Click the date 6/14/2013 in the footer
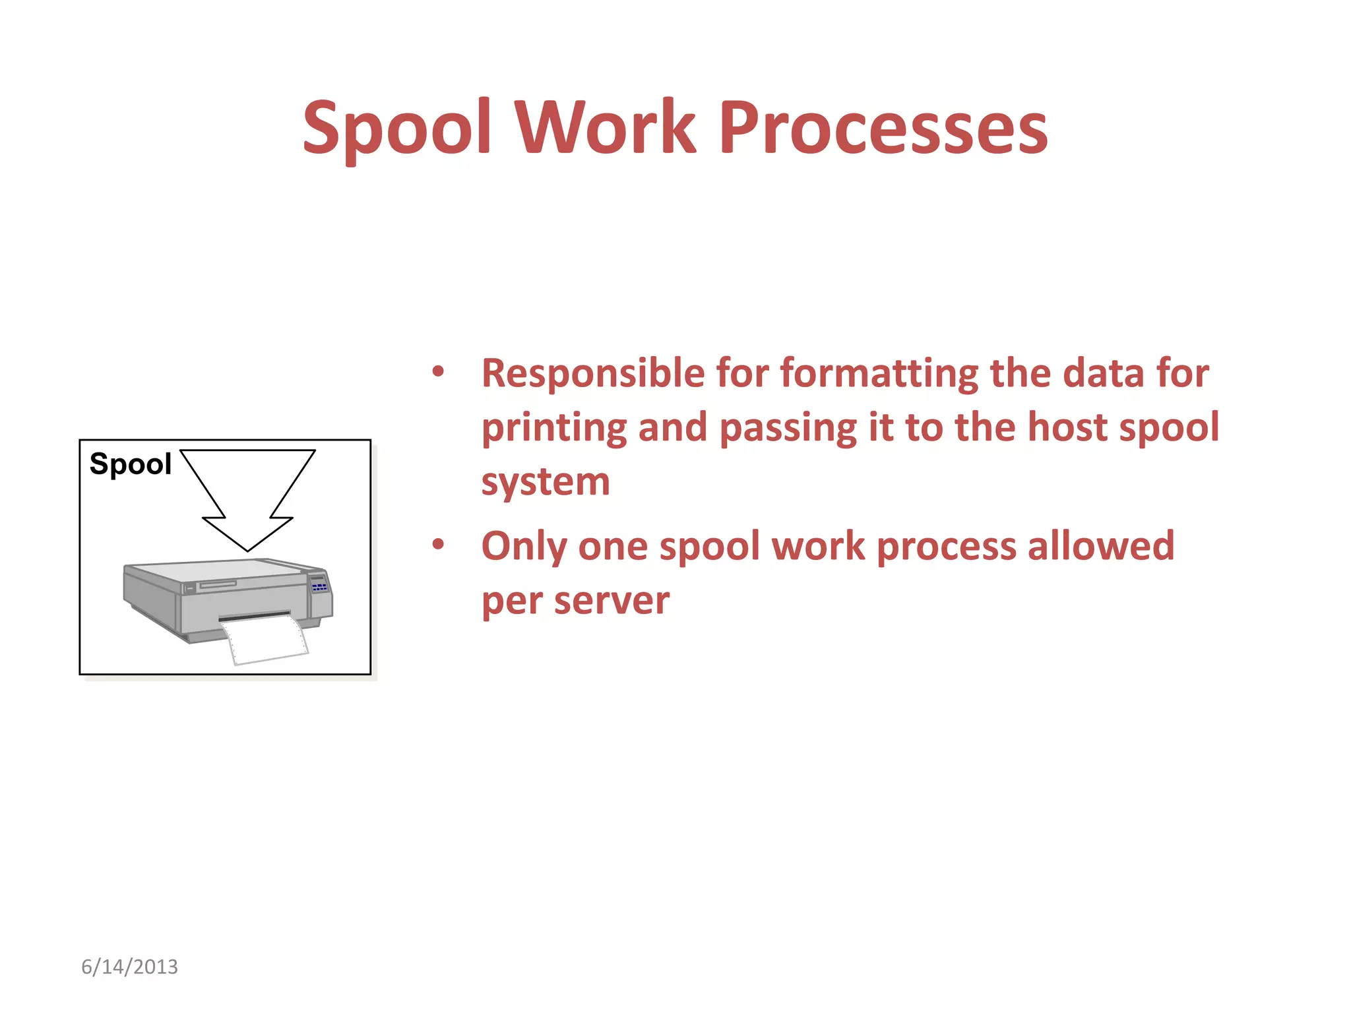tap(129, 967)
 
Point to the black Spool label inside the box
tap(130, 464)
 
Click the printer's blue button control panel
tap(319, 586)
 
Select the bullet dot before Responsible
tap(438, 372)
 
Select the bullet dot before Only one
tap(438, 545)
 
